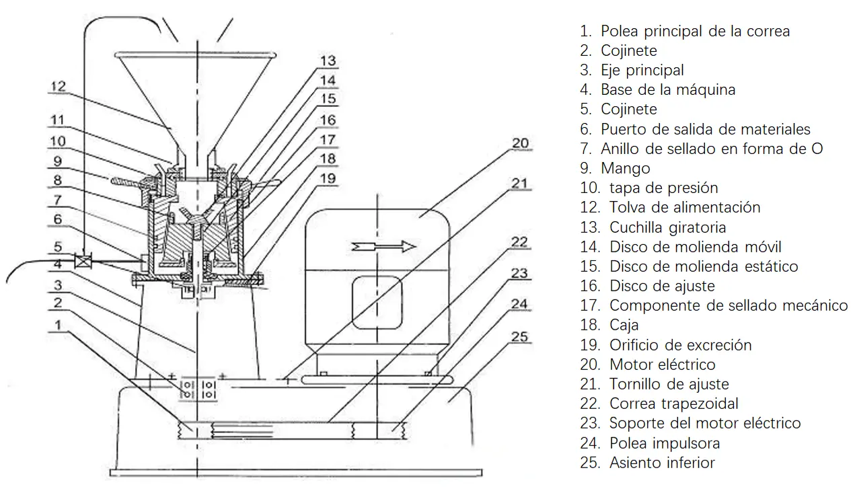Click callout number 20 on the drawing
tap(521, 143)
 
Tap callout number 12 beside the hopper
tap(57, 86)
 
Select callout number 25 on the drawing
tap(521, 336)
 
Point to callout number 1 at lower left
tap(61, 325)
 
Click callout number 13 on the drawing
tap(328, 61)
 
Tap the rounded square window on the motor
tap(377, 304)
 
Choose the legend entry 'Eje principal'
tap(642, 70)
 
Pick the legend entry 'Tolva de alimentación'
tap(684, 207)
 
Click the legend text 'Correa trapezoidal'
tap(673, 404)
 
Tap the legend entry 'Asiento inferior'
tap(661, 463)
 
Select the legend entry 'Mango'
tap(625, 168)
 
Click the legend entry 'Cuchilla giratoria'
tap(667, 227)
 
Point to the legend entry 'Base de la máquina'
tap(667, 89)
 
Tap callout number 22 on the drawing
tap(519, 242)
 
